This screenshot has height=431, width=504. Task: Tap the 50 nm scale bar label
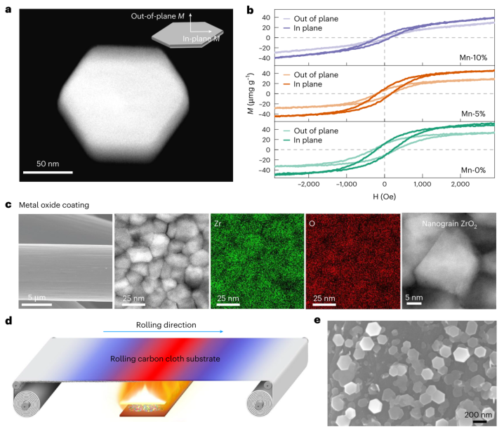(48, 163)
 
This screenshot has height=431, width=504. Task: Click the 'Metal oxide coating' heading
(53, 206)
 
